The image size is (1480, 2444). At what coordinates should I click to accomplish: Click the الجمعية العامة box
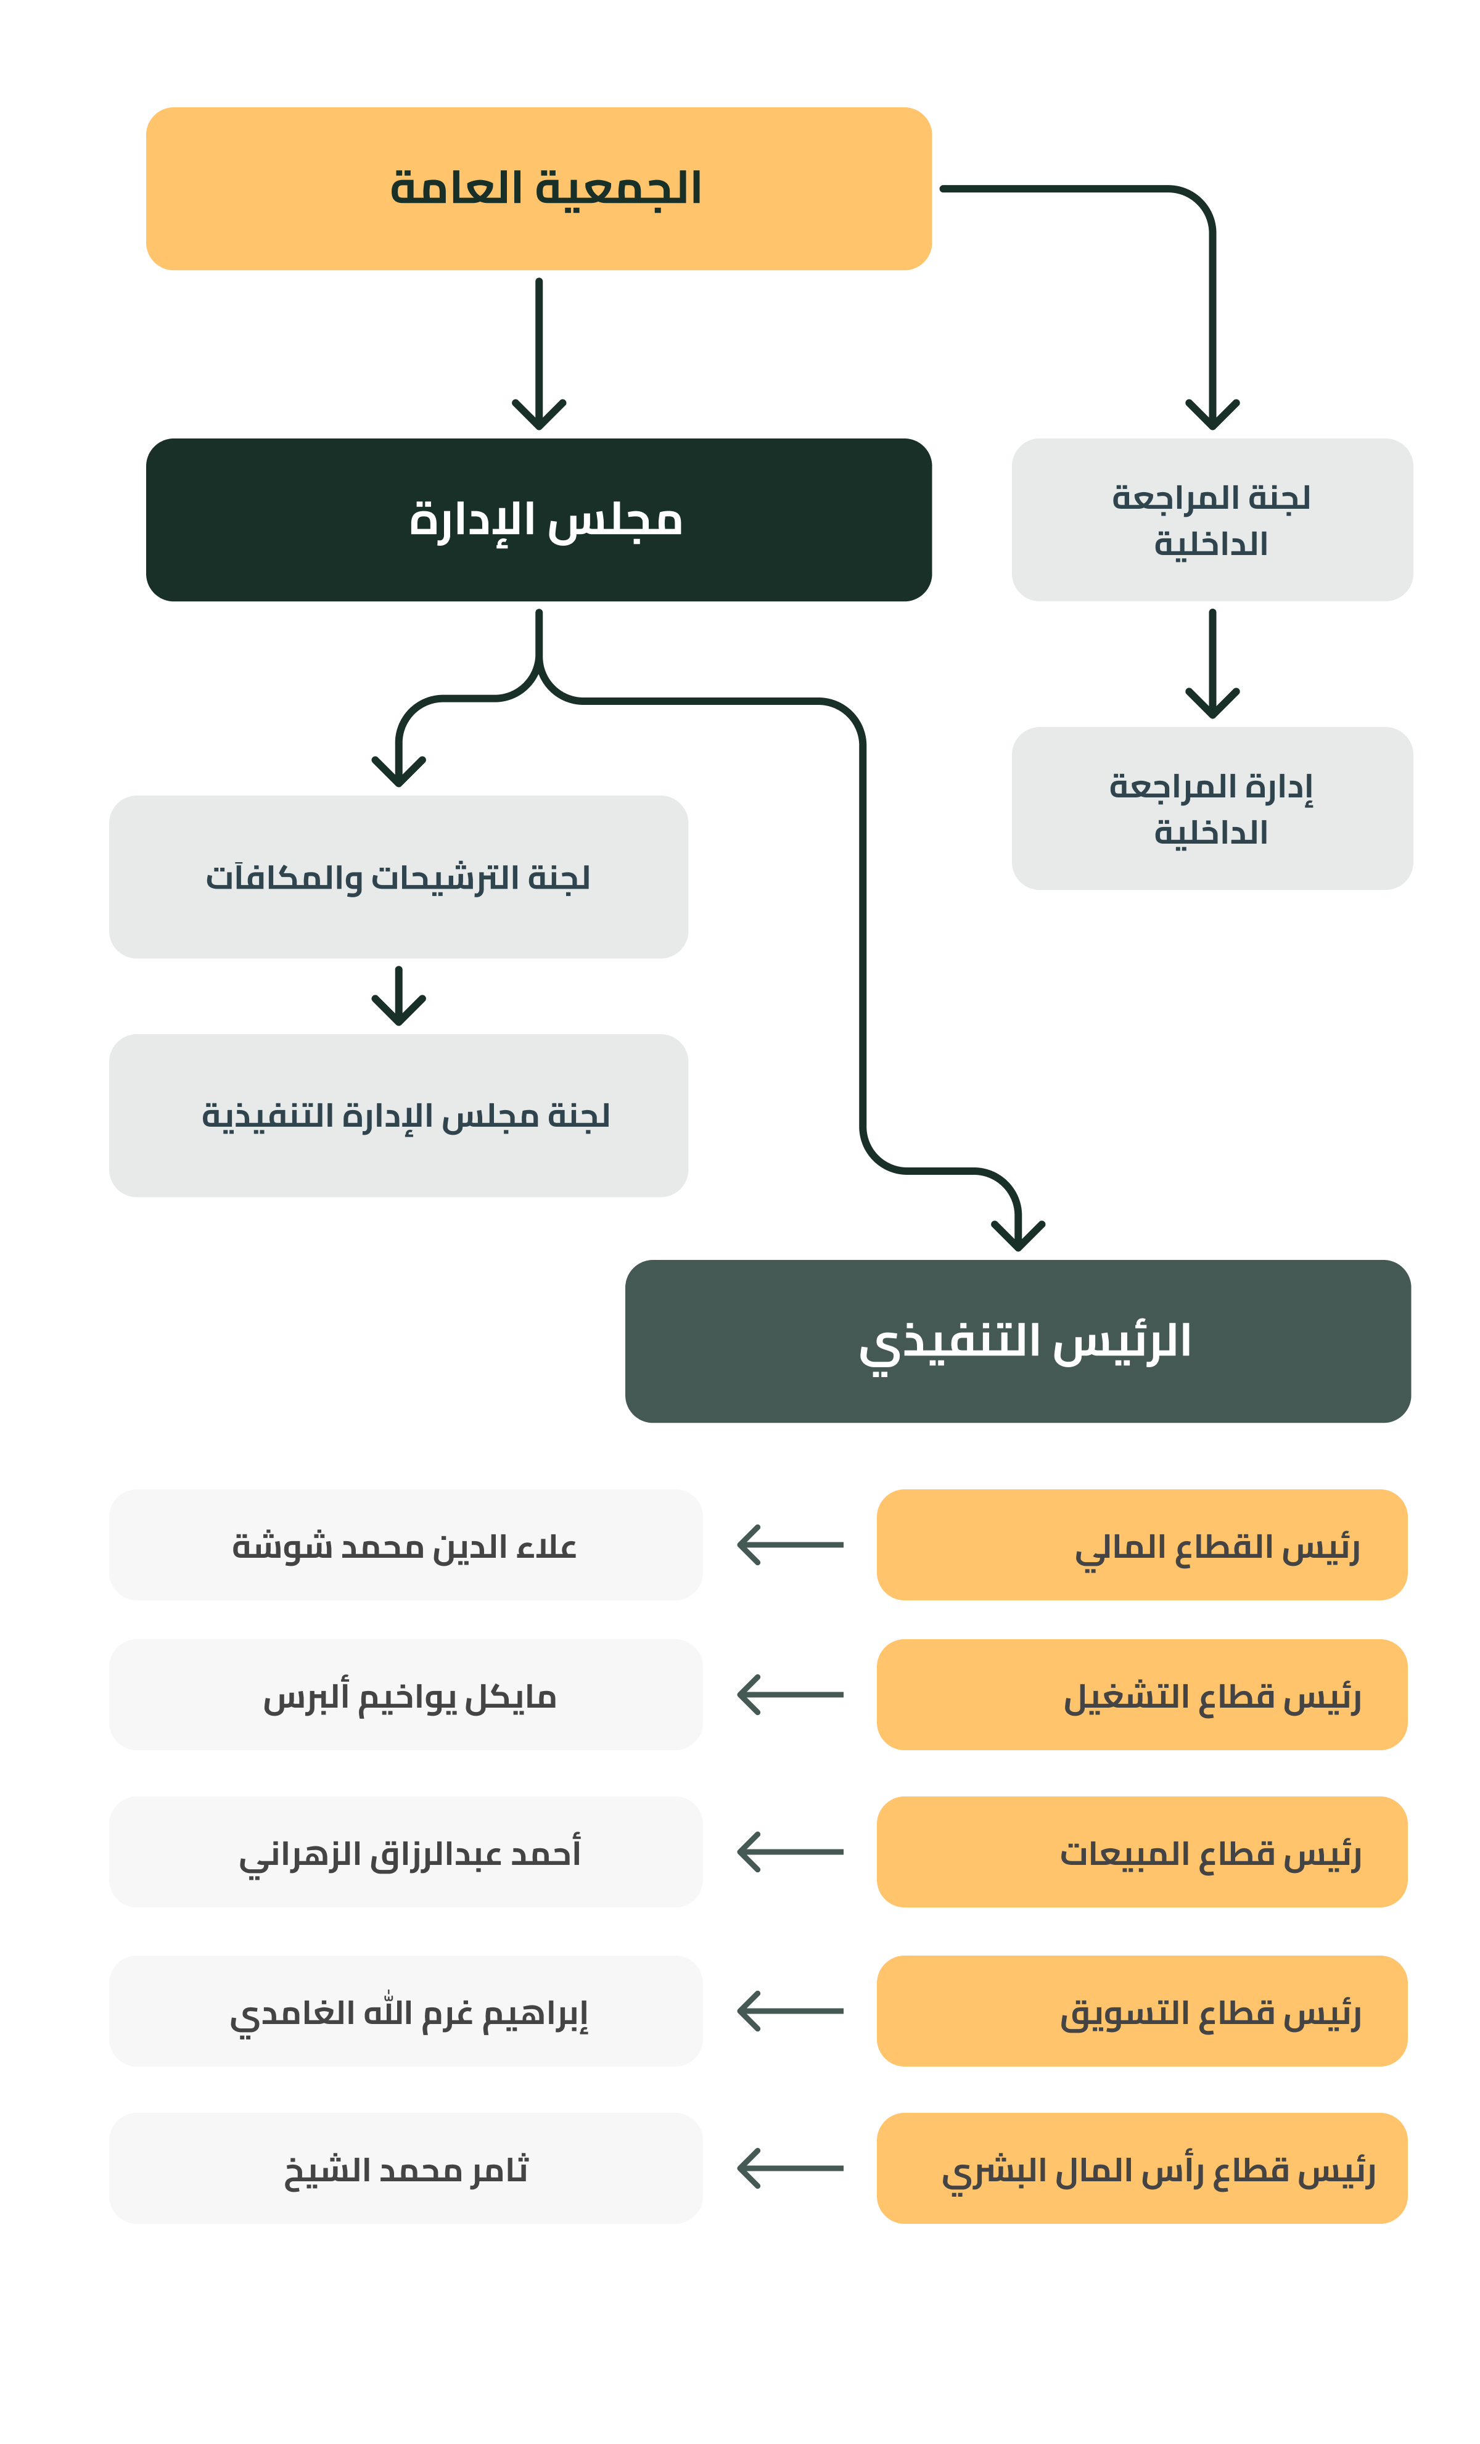pyautogui.click(x=538, y=189)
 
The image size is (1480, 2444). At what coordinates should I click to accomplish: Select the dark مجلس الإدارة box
pyautogui.click(x=538, y=520)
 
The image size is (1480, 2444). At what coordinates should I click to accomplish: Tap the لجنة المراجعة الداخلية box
pyautogui.click(x=1212, y=520)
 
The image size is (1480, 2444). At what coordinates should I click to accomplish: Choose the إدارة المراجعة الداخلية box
pyautogui.click(x=1212, y=808)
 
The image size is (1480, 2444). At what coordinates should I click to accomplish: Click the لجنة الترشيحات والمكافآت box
pyautogui.click(x=399, y=877)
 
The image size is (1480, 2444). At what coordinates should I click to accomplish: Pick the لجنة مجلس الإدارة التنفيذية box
pyautogui.click(x=399, y=1116)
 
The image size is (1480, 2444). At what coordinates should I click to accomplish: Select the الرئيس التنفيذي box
pyautogui.click(x=1017, y=1341)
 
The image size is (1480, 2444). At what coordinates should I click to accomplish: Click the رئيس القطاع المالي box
pyautogui.click(x=1141, y=1544)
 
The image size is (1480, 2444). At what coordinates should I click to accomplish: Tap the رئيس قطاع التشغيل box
pyautogui.click(x=1141, y=1694)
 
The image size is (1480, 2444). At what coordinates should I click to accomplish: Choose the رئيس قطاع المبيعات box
pyautogui.click(x=1141, y=1852)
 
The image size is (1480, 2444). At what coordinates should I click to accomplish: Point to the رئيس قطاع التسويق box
pyautogui.click(x=1141, y=2010)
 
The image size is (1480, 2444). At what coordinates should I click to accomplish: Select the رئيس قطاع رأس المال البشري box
pyautogui.click(x=1141, y=2168)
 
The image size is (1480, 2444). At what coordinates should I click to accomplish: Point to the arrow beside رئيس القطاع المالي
pyautogui.click(x=789, y=1544)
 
